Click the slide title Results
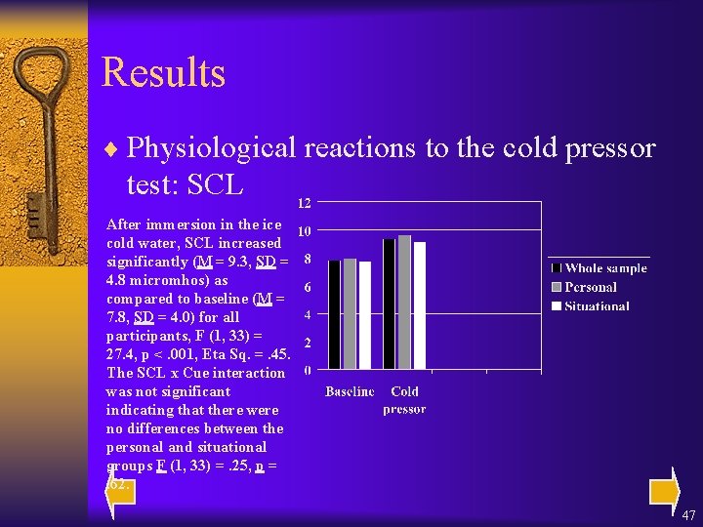163,73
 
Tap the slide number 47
688,514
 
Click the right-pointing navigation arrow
663,489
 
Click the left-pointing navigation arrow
120,489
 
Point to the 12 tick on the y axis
305,203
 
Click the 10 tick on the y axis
305,231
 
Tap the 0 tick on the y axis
309,371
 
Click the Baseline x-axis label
350,391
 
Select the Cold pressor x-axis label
404,400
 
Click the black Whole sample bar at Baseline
335,314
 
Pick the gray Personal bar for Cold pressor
404,302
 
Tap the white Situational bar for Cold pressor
420,305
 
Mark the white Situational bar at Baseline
365,315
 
